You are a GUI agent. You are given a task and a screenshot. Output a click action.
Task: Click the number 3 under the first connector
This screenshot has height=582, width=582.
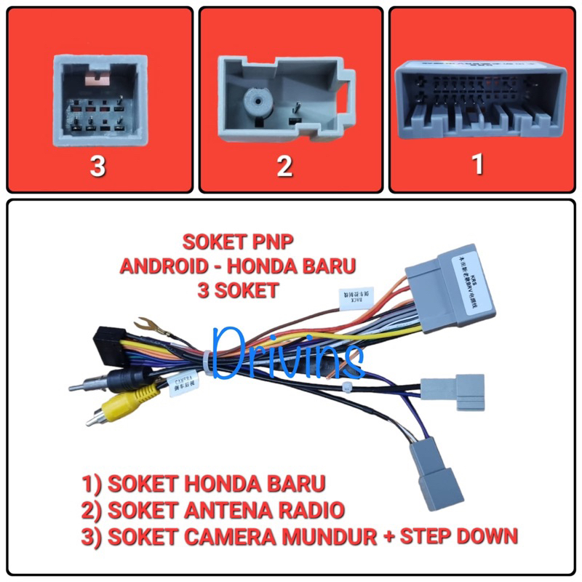97,166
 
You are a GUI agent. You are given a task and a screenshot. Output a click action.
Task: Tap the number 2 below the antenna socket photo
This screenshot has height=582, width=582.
283,166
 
